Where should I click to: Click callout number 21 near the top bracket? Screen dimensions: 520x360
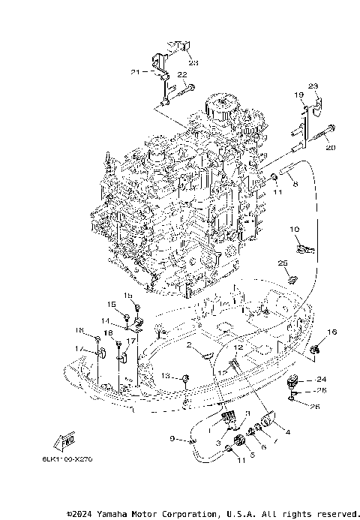tap(135, 72)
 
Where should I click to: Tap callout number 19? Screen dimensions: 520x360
tap(298, 95)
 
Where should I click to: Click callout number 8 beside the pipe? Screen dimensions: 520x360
tap(295, 184)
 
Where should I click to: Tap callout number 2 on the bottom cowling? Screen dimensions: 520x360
tap(190, 346)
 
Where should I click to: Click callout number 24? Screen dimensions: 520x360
tap(322, 379)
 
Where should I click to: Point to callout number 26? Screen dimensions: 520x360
tap(313, 407)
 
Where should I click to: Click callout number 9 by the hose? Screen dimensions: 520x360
tap(172, 439)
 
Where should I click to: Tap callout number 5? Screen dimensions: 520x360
tap(250, 454)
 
